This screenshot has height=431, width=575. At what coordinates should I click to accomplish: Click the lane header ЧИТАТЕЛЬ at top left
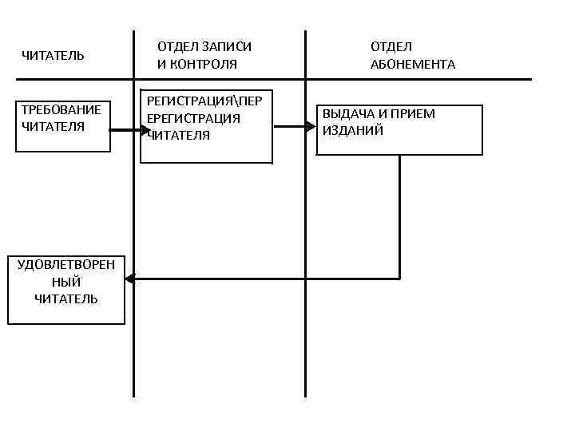(x=53, y=55)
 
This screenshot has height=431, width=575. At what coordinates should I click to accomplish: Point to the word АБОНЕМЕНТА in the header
(x=412, y=65)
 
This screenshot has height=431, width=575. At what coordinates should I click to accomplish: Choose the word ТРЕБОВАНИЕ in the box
(x=61, y=109)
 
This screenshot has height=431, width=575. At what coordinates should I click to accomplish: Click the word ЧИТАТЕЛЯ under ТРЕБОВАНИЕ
(x=53, y=125)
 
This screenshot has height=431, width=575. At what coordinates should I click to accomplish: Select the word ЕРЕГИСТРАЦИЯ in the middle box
(x=193, y=118)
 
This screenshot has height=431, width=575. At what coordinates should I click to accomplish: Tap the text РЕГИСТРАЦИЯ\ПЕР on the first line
(x=204, y=101)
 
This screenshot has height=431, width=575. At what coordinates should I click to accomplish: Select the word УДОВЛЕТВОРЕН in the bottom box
(x=66, y=265)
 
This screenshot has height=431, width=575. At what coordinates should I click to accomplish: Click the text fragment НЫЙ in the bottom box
(x=66, y=282)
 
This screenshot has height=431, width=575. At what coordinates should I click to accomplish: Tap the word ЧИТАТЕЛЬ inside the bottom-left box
(x=66, y=299)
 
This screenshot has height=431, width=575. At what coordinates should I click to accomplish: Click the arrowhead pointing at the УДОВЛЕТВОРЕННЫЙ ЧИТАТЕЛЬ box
(x=130, y=279)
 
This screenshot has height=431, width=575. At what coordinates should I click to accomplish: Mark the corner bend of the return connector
(x=399, y=279)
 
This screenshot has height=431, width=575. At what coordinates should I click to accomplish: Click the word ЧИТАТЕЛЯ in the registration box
(x=179, y=135)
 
